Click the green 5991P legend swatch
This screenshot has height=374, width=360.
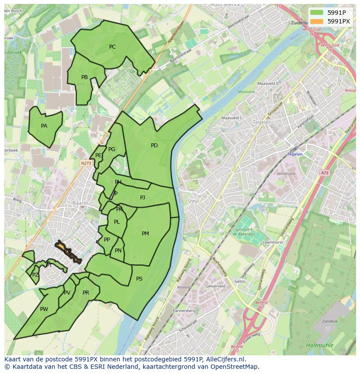coord(317,12)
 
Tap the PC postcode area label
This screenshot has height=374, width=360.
coord(112,47)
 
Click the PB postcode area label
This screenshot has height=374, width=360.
coord(84,77)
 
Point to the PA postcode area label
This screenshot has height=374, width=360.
coord(44,126)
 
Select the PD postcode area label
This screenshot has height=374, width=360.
coord(154,146)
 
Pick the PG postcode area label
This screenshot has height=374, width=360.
coord(112,149)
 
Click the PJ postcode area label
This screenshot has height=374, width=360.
coord(143,198)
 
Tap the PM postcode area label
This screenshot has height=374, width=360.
coord(145,234)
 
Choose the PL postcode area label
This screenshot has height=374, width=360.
coord(117,222)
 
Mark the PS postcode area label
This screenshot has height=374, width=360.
coord(139,279)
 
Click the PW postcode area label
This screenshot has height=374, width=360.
coord(44,309)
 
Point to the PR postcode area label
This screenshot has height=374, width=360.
coord(86,293)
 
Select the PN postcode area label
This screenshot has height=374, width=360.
coord(118,251)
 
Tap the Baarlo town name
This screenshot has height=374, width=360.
coord(80,203)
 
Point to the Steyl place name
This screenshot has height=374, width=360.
coord(193,201)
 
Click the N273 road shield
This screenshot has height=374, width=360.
coord(86,163)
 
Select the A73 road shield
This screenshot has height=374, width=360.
coord(325,173)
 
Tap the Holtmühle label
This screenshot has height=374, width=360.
coord(320,345)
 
